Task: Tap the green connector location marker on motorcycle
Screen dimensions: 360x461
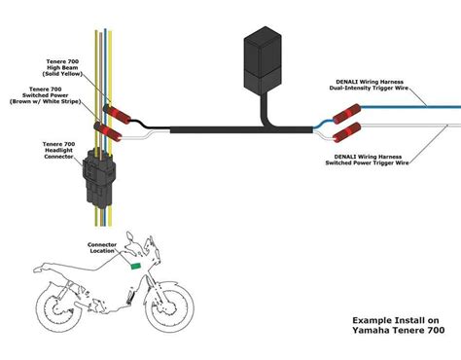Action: [135, 264]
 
